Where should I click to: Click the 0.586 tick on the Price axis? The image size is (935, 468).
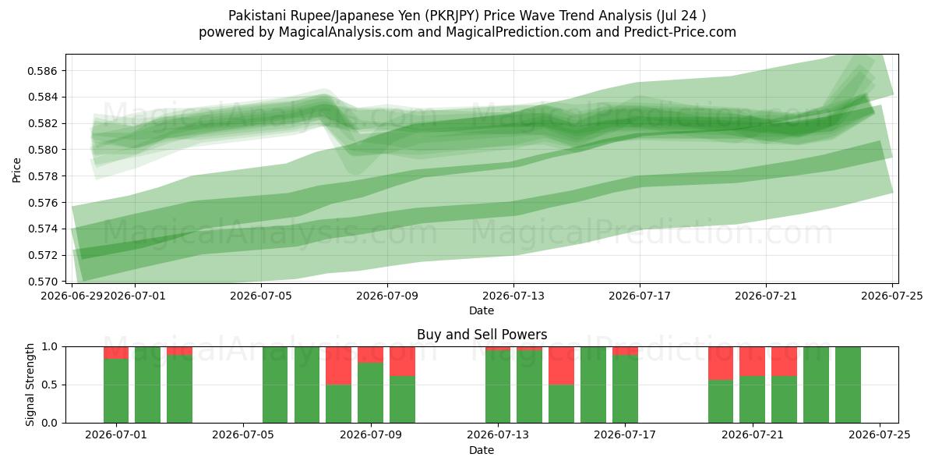(42, 71)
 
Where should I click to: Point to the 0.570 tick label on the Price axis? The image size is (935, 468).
(42, 282)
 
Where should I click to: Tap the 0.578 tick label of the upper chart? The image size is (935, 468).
(42, 176)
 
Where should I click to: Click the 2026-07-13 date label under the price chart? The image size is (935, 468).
(513, 296)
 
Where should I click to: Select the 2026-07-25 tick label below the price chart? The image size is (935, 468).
(892, 296)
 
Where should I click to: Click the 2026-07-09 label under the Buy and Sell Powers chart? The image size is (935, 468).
(371, 435)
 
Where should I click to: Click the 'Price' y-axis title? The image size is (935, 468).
(16, 170)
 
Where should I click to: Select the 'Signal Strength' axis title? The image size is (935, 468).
(30, 385)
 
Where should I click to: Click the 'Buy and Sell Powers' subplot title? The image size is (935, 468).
(482, 335)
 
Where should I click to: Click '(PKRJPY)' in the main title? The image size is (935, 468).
(452, 16)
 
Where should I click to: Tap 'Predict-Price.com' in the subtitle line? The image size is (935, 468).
(680, 32)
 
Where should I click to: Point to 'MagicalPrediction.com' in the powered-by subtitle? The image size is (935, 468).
(518, 32)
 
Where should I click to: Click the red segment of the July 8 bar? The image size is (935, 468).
(338, 366)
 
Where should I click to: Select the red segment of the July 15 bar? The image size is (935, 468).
(562, 366)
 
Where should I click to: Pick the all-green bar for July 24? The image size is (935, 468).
(848, 385)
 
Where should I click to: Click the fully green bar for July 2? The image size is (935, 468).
(148, 385)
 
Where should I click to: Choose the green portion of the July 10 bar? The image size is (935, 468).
(402, 399)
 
